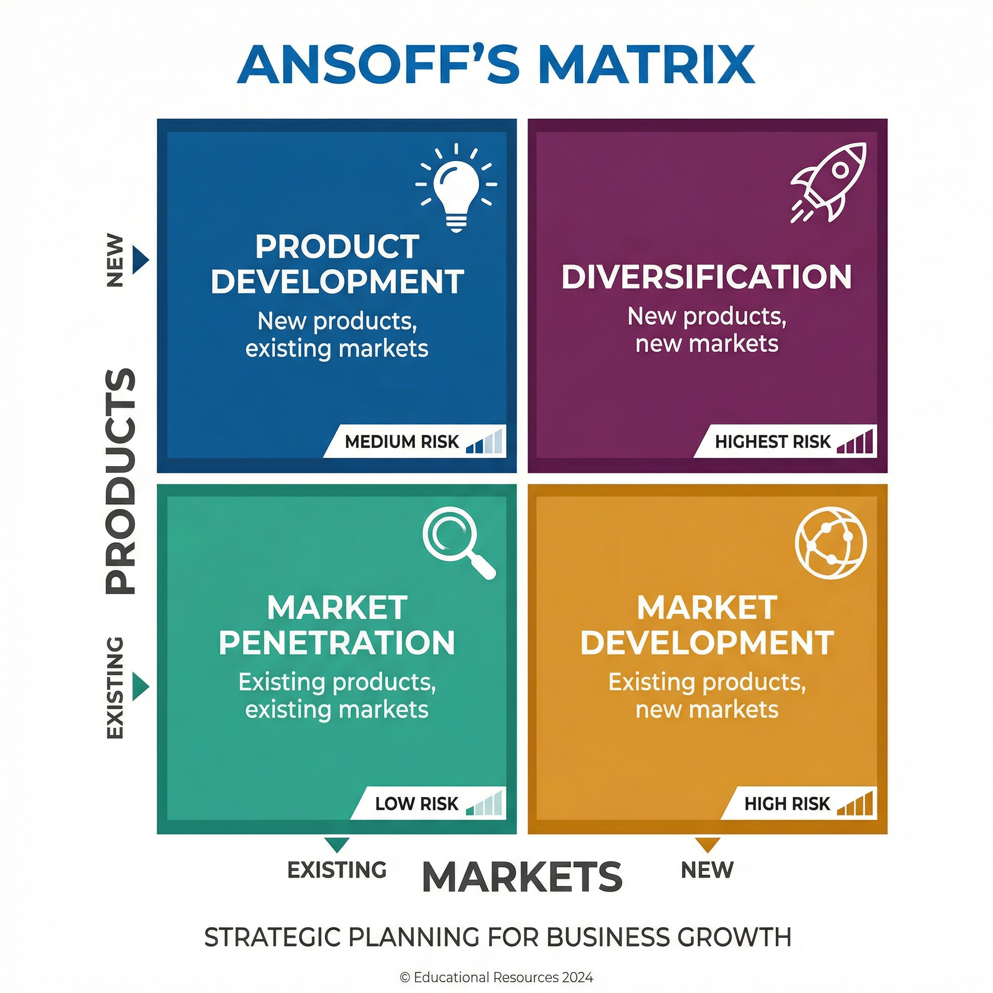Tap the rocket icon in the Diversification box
pyautogui.click(x=828, y=183)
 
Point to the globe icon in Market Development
pyautogui.click(x=831, y=543)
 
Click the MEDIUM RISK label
pyautogui.click(x=401, y=442)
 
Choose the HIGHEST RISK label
pyautogui.click(x=772, y=442)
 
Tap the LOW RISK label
pyautogui.click(x=416, y=803)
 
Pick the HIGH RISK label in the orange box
pyautogui.click(x=787, y=803)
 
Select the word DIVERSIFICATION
pyautogui.click(x=707, y=277)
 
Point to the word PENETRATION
pyautogui.click(x=337, y=642)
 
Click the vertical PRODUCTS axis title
pyautogui.click(x=121, y=481)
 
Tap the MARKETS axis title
pyautogui.click(x=522, y=877)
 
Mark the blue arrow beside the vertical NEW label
pyautogui.click(x=139, y=260)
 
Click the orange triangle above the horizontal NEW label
pyautogui.click(x=707, y=844)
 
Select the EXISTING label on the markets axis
pyautogui.click(x=336, y=870)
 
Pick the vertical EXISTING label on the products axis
pyautogui.click(x=115, y=688)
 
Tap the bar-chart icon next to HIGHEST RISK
pyautogui.click(x=855, y=442)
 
